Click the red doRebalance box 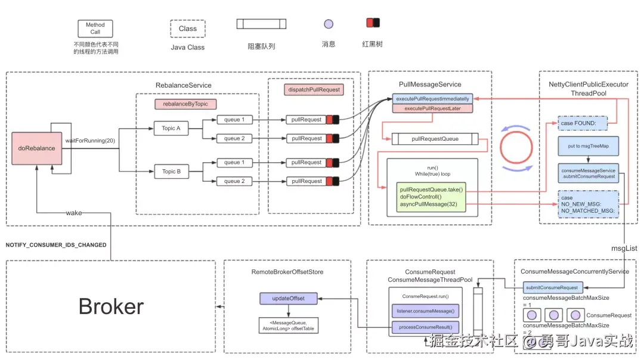36,148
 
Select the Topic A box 171,128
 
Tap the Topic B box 171,172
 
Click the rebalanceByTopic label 185,104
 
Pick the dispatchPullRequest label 314,89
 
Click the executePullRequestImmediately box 432,98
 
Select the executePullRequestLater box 432,108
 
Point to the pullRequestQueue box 435,139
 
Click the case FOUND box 582,123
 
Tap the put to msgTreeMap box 587,146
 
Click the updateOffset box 289,297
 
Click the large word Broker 111,306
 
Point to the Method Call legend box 95,29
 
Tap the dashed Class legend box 187,29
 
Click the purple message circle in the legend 328,24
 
